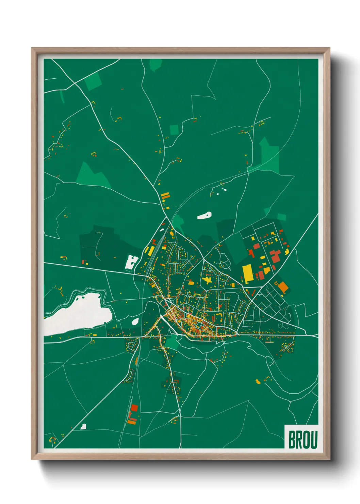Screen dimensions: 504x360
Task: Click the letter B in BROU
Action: (x=292, y=440)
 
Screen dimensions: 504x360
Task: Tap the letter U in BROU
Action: (x=314, y=440)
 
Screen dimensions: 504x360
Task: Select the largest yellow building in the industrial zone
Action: (x=248, y=273)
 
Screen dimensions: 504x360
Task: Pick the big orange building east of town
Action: (x=283, y=287)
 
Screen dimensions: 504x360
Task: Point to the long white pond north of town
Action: (x=204, y=216)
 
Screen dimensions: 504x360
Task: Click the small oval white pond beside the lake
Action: (x=135, y=321)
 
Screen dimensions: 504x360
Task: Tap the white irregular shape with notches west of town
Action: (x=131, y=262)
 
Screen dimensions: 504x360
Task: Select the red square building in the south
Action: (x=134, y=408)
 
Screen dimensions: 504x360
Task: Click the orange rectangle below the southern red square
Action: (x=132, y=422)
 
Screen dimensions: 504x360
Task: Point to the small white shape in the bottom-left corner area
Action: (x=83, y=426)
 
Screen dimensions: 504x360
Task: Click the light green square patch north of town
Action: (x=174, y=129)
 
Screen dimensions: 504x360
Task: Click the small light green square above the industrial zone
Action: (x=281, y=217)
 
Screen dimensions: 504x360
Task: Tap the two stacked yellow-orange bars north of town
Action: (x=165, y=196)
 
